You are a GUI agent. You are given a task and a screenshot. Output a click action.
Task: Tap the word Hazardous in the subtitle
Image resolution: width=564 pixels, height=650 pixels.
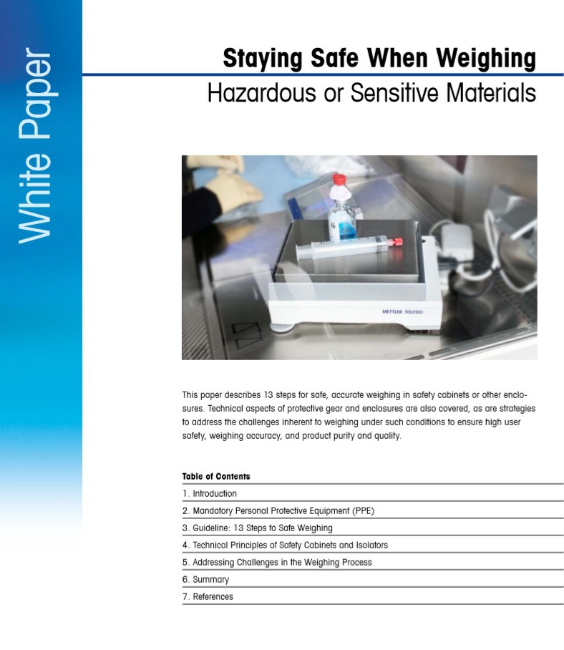point(261,92)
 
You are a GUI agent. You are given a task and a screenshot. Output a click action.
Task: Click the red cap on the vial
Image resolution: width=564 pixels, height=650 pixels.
point(339,179)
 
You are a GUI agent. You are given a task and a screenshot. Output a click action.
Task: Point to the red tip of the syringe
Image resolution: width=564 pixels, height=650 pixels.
point(397,241)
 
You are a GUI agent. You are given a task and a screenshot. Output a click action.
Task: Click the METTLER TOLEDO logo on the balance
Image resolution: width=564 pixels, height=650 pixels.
point(402,311)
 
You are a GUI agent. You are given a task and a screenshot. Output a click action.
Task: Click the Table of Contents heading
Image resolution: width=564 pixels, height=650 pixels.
point(216,476)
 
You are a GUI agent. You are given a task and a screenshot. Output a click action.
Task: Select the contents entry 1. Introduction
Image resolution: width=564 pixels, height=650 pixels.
point(210,493)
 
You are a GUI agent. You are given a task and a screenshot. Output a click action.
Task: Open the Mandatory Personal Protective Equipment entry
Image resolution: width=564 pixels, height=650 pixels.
point(278,510)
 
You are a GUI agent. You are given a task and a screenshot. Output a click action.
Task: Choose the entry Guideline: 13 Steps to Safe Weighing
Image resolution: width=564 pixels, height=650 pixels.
point(258,528)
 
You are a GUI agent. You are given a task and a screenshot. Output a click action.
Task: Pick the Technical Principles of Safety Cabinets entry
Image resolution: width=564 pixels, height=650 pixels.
point(285,545)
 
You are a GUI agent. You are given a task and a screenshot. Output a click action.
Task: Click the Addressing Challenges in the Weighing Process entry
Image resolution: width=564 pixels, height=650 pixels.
point(277,562)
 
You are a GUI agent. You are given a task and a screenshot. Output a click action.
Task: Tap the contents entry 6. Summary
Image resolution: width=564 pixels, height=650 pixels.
point(205,580)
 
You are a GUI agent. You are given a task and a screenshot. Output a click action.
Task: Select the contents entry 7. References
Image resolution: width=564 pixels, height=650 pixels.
point(208,596)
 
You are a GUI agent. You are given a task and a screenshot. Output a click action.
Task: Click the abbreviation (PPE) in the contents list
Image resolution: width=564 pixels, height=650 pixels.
point(364,510)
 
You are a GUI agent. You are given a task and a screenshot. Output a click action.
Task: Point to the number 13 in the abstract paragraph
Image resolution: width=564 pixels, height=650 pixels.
point(268,394)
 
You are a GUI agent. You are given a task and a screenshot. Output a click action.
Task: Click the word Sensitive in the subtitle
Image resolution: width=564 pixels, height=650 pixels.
point(396,92)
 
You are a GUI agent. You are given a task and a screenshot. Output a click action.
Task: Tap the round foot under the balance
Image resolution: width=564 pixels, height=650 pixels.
point(283,328)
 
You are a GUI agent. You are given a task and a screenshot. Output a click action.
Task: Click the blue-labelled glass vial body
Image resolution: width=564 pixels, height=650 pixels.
point(342,220)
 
